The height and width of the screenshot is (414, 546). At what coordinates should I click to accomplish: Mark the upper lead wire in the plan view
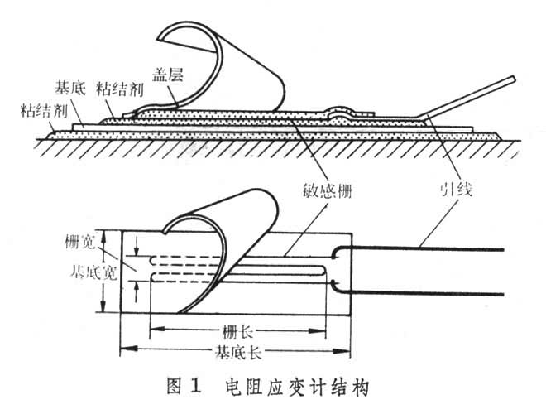pos(430,248)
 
